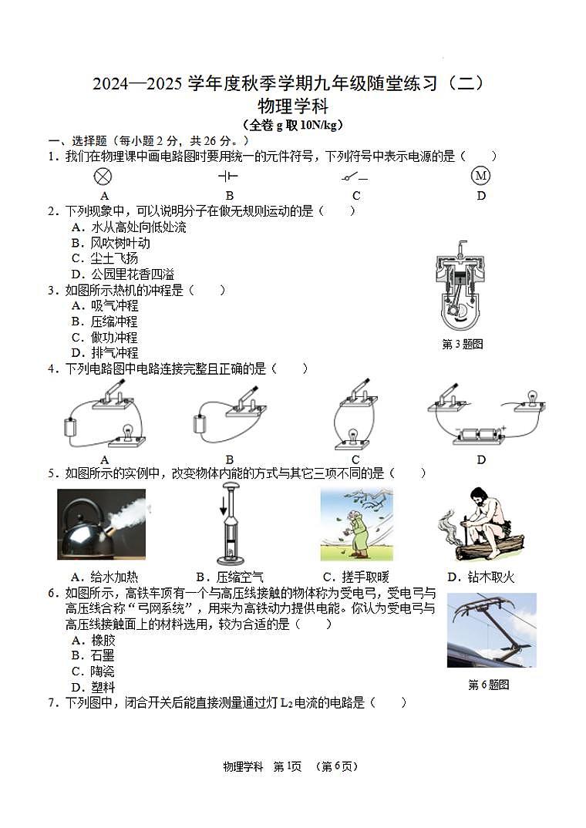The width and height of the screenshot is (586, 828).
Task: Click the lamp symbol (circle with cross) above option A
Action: point(103,177)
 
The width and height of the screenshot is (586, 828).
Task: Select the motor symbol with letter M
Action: point(480,177)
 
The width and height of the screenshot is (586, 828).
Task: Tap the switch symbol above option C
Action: point(355,177)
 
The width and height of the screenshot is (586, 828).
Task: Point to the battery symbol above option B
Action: point(229,177)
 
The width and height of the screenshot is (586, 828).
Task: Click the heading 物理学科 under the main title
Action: point(292,106)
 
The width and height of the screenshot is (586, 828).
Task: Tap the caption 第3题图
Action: point(462,345)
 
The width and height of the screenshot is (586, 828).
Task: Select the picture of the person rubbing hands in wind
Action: point(356,525)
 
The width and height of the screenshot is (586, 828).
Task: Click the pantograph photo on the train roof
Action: point(491,630)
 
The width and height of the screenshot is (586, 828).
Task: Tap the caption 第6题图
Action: point(488,685)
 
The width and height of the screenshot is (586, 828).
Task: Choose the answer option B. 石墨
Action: point(93,655)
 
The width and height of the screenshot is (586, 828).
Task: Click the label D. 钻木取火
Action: point(480,577)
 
